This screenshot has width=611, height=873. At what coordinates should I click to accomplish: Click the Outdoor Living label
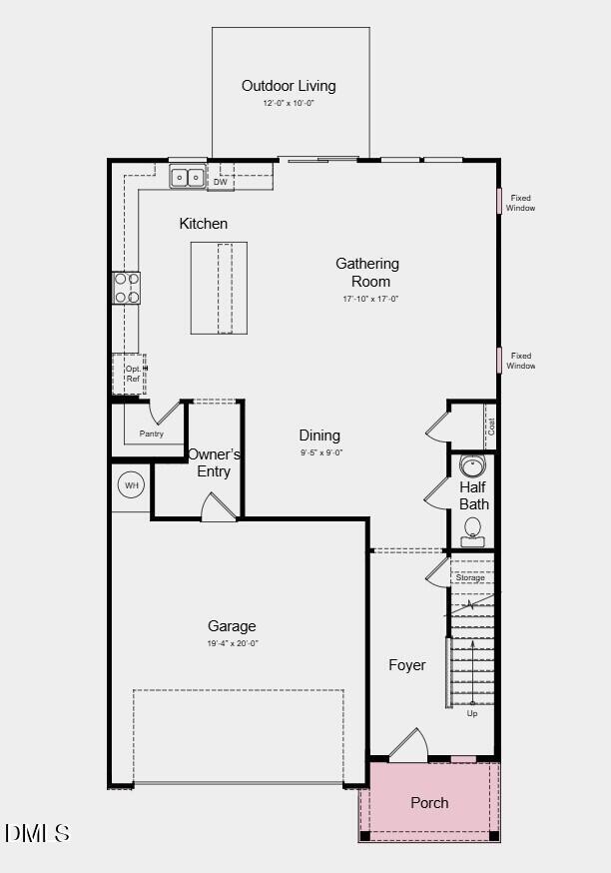click(x=289, y=86)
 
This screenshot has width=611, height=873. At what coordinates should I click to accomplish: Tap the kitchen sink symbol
click(x=187, y=179)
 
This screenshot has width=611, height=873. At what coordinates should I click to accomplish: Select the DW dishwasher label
click(x=221, y=182)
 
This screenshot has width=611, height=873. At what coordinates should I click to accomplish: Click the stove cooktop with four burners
click(x=127, y=288)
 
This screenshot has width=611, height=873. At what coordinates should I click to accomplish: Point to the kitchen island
click(x=219, y=288)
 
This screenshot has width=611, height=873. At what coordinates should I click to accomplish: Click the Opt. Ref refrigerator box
click(x=130, y=374)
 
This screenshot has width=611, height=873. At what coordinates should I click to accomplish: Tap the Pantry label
click(x=152, y=434)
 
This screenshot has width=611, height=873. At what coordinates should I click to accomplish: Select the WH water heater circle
click(x=131, y=486)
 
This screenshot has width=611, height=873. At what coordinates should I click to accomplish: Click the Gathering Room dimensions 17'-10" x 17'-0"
click(x=367, y=299)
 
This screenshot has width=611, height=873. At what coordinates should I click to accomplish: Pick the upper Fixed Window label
click(x=520, y=203)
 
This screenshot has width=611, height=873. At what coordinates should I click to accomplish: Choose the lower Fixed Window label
click(x=520, y=361)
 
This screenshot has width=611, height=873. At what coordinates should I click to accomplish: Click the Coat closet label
click(x=490, y=426)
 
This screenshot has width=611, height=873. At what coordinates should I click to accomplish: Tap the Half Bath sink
click(x=472, y=465)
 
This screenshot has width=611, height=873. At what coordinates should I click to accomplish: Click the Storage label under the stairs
click(x=470, y=578)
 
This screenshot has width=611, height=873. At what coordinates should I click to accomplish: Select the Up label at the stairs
click(x=472, y=713)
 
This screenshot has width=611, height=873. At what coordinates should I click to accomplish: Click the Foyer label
click(x=407, y=665)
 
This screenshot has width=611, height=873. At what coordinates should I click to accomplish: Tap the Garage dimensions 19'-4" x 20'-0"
click(x=232, y=643)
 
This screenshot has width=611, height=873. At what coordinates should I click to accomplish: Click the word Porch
click(x=429, y=802)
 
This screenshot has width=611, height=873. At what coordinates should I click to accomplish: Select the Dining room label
click(x=319, y=436)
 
